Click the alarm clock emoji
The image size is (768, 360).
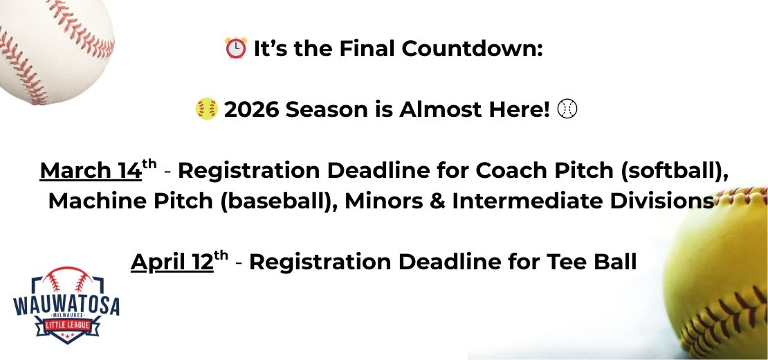point(236,48)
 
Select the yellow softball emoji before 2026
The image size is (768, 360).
point(207,109)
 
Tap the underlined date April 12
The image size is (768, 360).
point(172,262)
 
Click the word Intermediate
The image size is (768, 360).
point(524,201)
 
